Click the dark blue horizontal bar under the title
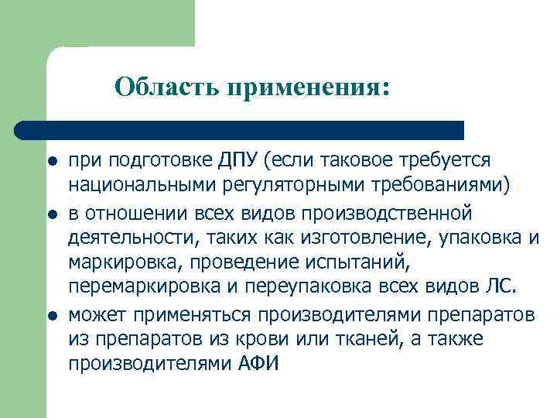click(240, 129)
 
